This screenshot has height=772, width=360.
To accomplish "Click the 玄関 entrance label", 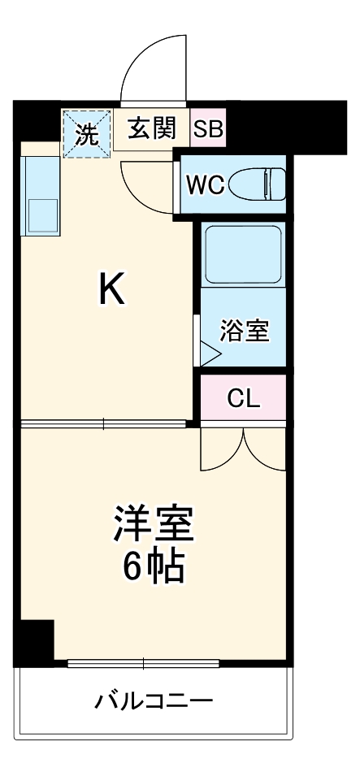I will tap(151, 129).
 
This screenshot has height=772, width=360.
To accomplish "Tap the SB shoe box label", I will tap(208, 129).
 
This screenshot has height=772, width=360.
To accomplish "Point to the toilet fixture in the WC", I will tap(258, 184).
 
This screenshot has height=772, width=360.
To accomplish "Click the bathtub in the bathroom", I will tap(243, 253).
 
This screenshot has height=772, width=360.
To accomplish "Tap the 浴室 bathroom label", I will tap(245, 331).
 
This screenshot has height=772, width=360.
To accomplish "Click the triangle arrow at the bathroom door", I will tap(209, 353).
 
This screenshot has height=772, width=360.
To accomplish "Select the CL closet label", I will tap(243, 398).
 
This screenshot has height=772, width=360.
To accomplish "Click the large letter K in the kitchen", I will tap(112, 289).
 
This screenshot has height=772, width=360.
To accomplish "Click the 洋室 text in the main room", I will tap(154, 524).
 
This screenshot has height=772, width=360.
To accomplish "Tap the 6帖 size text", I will tap(154, 566).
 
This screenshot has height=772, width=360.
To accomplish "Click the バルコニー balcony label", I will tap(154, 700).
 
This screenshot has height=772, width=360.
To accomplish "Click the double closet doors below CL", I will tap(243, 447).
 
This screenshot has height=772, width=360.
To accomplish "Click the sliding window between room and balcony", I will tap(143, 663).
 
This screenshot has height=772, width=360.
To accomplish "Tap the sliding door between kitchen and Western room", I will tap(103, 423).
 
